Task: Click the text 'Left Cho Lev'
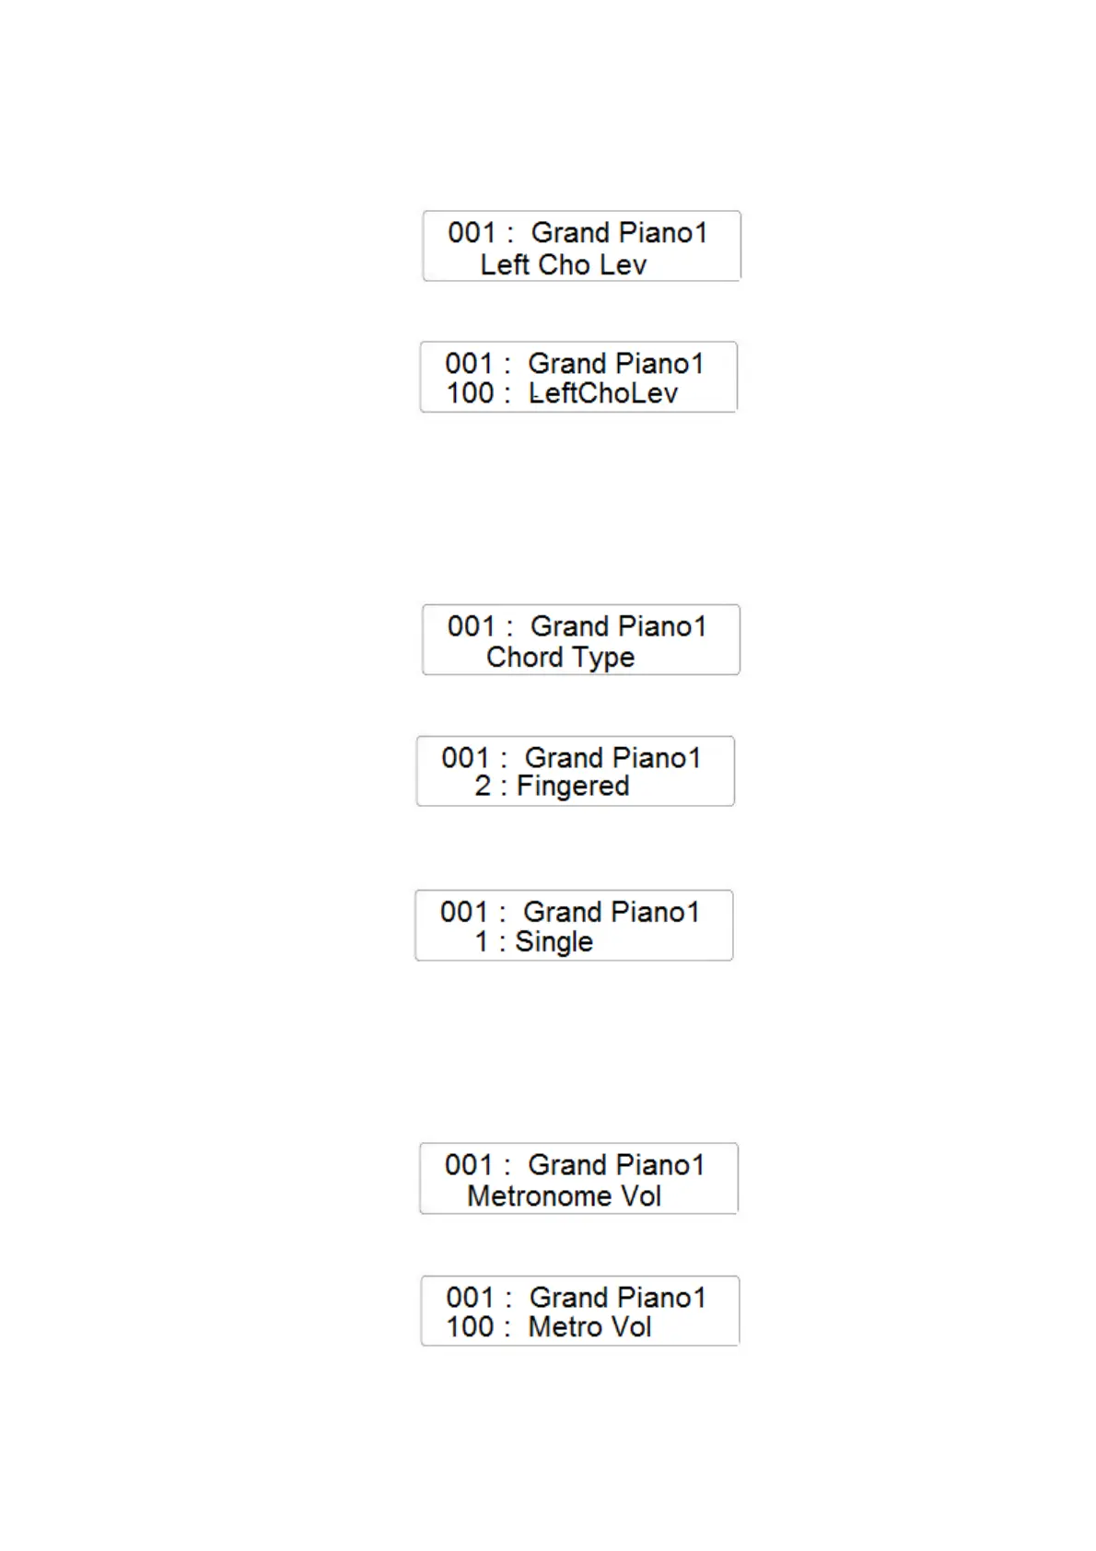point(563,265)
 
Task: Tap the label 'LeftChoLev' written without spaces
point(602,393)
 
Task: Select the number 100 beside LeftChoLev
point(470,393)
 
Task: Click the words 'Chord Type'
point(560,658)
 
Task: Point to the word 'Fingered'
point(573,787)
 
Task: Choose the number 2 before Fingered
point(483,787)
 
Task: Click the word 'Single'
point(554,941)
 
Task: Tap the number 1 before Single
point(482,941)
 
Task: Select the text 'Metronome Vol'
point(564,1196)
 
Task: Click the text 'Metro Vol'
point(589,1327)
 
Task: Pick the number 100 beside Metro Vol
point(470,1327)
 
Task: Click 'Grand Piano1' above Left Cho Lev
point(619,233)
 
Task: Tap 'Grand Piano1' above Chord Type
point(618,626)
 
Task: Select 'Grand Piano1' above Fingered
point(612,758)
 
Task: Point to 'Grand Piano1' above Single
point(612,912)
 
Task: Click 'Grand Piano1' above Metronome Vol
point(615,1165)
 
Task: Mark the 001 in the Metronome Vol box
point(469,1165)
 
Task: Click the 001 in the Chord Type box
point(472,626)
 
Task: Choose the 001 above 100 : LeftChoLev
point(469,364)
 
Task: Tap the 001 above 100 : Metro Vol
point(471,1298)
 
